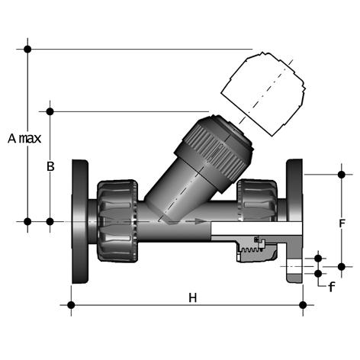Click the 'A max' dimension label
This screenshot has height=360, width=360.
[x=24, y=139]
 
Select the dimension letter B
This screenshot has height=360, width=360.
[x=50, y=167]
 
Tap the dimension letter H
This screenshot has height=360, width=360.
[x=193, y=297]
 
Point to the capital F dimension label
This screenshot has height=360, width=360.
[x=342, y=223]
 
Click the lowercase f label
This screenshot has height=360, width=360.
[x=331, y=287]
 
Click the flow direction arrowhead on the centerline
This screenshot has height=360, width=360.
[x=201, y=221]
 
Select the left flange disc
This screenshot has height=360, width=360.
[x=80, y=221]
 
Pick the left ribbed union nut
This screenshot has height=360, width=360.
[x=117, y=221]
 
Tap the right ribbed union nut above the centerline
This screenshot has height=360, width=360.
[x=257, y=201]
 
